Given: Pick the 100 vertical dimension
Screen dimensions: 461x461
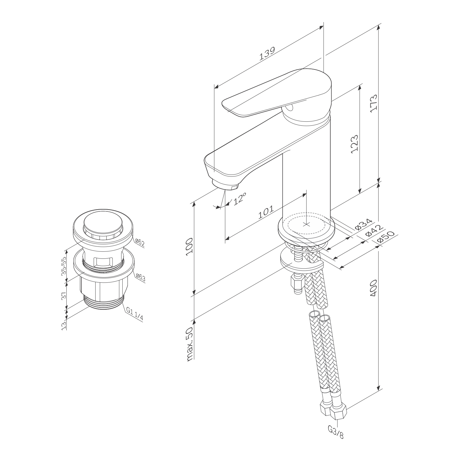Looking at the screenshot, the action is [x=190, y=246].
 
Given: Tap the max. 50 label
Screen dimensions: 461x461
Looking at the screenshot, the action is [x=190, y=344].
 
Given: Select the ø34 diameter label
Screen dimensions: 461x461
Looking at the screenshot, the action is [x=363, y=225].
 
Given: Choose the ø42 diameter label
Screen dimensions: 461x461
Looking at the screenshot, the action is [x=374, y=231].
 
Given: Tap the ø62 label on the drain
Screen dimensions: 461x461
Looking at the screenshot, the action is [x=140, y=243].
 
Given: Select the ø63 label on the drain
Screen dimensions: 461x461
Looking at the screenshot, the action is [x=140, y=278].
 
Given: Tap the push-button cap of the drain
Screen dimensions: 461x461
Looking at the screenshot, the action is [x=103, y=225].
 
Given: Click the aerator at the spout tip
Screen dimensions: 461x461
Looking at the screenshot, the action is [x=225, y=185].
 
